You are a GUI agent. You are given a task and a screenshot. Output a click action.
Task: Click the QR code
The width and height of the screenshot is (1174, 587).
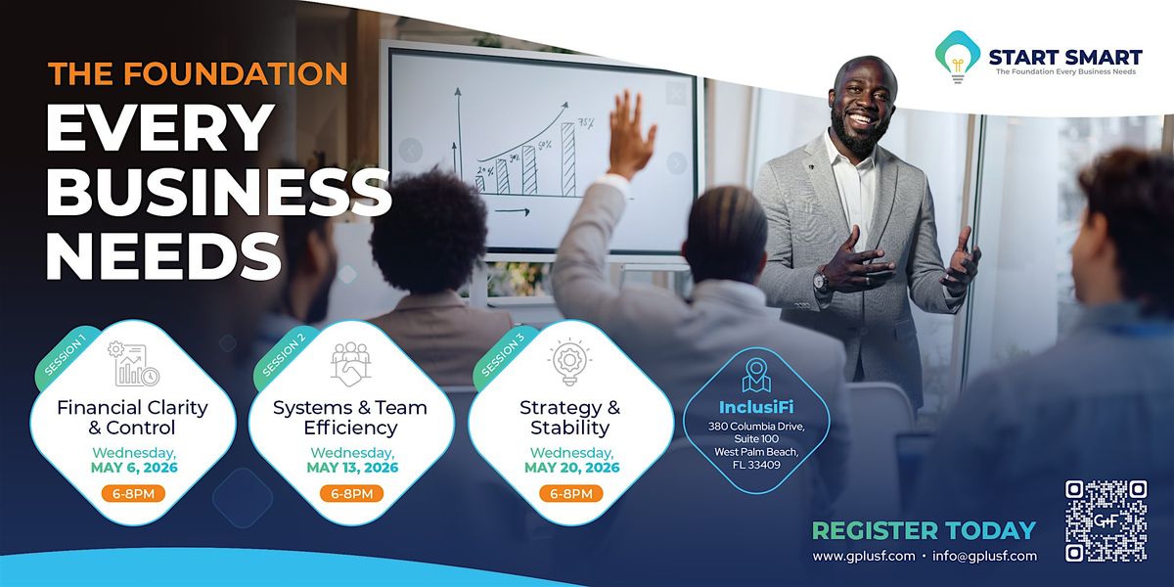tap(1106, 520)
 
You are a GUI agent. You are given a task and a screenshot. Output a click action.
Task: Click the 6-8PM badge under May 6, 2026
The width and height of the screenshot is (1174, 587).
tap(133, 493)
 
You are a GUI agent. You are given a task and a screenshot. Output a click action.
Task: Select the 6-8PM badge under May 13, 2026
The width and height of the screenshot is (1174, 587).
tap(351, 493)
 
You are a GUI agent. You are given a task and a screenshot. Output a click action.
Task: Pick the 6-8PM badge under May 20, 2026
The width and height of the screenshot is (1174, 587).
tap(570, 493)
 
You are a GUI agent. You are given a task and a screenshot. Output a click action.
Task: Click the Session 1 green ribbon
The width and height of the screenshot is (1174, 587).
tap(65, 357)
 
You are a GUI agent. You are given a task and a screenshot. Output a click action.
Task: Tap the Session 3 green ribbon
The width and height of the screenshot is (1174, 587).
tap(503, 357)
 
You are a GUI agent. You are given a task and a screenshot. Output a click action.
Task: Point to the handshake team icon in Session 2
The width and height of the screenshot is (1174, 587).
tap(350, 364)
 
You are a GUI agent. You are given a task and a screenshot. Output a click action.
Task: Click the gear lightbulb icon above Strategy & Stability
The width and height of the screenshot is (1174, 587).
tap(569, 362)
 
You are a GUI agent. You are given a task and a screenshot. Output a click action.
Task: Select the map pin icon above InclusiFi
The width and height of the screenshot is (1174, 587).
tap(756, 376)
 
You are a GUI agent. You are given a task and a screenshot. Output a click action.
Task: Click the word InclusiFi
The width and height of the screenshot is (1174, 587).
tap(756, 407)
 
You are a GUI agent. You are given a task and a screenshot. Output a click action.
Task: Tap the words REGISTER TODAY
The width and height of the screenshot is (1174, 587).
tap(924, 530)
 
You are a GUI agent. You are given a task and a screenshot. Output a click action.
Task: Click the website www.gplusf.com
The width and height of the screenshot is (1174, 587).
tap(864, 556)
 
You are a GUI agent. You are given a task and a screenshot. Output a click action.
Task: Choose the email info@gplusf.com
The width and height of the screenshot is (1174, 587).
tap(984, 556)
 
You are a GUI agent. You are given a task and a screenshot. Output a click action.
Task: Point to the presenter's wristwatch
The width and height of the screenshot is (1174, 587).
tap(821, 281)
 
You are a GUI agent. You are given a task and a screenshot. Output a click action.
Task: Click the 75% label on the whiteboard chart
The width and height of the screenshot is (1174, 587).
tap(586, 123)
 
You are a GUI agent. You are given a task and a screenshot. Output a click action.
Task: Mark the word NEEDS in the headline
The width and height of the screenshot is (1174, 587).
tap(163, 256)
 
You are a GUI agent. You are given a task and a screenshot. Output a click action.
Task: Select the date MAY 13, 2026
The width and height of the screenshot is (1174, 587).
tap(352, 468)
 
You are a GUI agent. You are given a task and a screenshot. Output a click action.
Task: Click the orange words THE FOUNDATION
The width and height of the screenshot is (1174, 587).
tap(198, 73)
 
